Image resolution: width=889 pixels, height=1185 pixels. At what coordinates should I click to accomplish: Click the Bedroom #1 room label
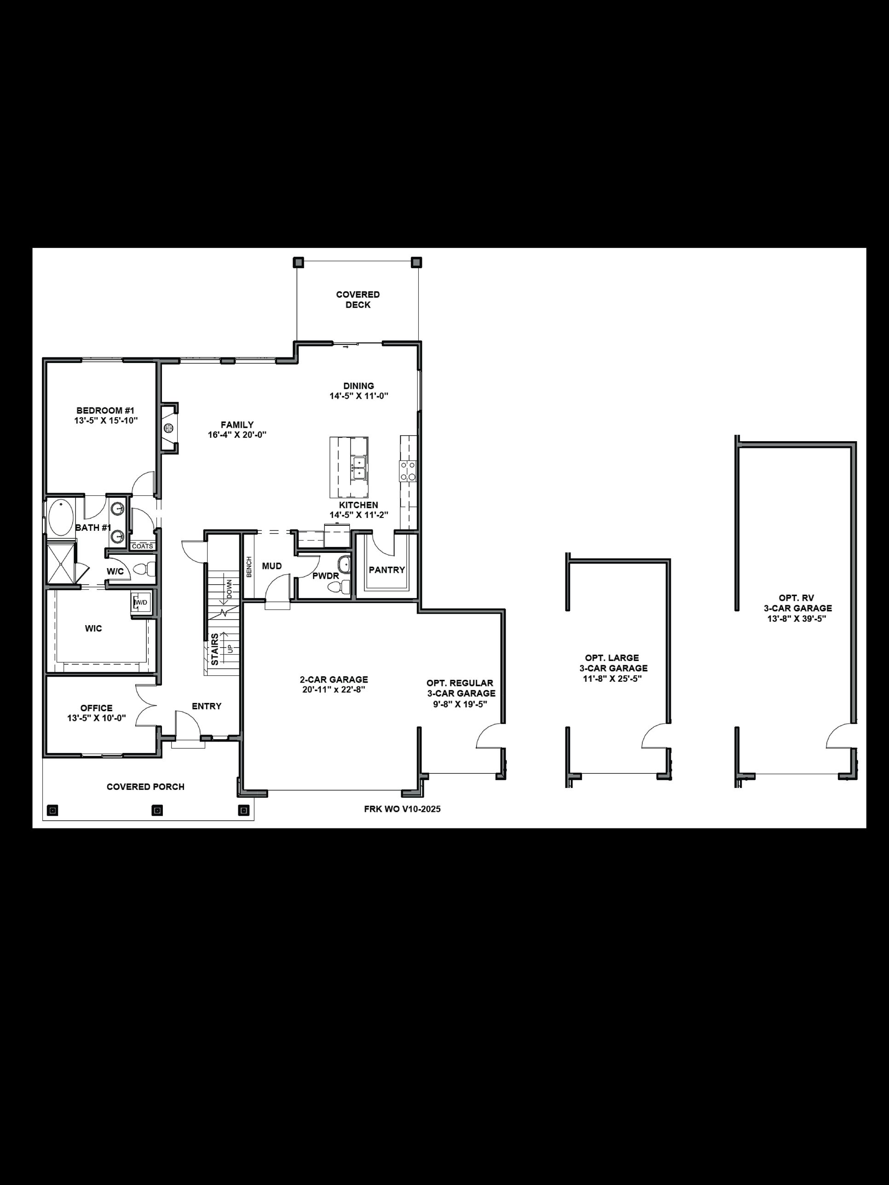tap(105, 411)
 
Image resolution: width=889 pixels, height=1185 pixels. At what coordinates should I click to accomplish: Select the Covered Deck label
tap(358, 299)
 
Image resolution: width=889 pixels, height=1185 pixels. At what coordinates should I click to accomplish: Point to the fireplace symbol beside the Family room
tap(168, 427)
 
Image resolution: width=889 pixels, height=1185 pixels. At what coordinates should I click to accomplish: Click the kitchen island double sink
tap(358, 466)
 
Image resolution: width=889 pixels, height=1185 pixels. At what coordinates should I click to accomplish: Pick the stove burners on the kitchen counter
tap(408, 471)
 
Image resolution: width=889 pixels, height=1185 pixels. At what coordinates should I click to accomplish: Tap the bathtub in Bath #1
tap(61, 517)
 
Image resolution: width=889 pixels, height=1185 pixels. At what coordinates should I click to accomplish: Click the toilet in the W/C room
tap(141, 569)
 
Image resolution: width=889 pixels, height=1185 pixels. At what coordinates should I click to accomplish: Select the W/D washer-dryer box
tap(140, 603)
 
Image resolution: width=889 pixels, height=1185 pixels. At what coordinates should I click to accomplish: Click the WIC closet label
tap(93, 628)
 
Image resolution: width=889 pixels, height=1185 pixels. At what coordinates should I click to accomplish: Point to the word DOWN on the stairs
tap(229, 589)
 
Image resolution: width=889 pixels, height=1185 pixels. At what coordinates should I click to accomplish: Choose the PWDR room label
tap(325, 576)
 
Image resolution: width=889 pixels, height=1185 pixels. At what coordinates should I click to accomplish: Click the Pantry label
tap(387, 570)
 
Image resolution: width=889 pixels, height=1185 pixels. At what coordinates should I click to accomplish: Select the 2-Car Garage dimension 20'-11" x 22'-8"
tap(333, 690)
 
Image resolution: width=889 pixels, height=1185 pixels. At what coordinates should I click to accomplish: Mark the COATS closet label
tap(143, 546)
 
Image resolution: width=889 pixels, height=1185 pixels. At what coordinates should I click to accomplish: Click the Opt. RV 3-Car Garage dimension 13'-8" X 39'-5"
tap(797, 618)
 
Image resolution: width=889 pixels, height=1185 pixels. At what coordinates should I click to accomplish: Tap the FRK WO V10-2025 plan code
tap(402, 809)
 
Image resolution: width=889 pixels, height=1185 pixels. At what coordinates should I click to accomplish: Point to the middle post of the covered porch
tap(157, 811)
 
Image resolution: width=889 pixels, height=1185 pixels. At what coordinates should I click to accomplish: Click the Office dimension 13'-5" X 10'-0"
tap(97, 718)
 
